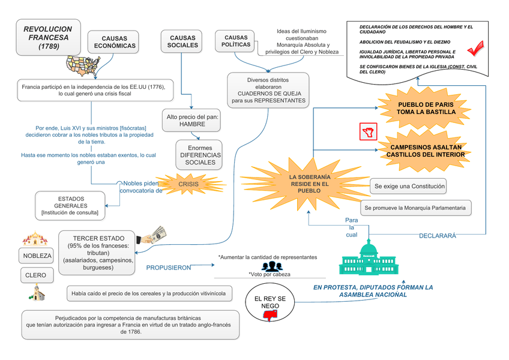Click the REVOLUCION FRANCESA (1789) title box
pos(47,37)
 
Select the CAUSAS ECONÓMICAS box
pos(115,42)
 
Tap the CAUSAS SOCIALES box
pos(182,41)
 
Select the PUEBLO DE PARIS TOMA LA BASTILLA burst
pos(426,108)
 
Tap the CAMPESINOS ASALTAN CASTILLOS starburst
pos(425,151)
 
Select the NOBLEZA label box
pos(37,256)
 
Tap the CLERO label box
pos(37,276)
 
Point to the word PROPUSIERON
pos(169,268)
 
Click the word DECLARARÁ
pos(437,236)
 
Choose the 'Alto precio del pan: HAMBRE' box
pos(192,120)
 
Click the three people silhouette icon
pos(271,266)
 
